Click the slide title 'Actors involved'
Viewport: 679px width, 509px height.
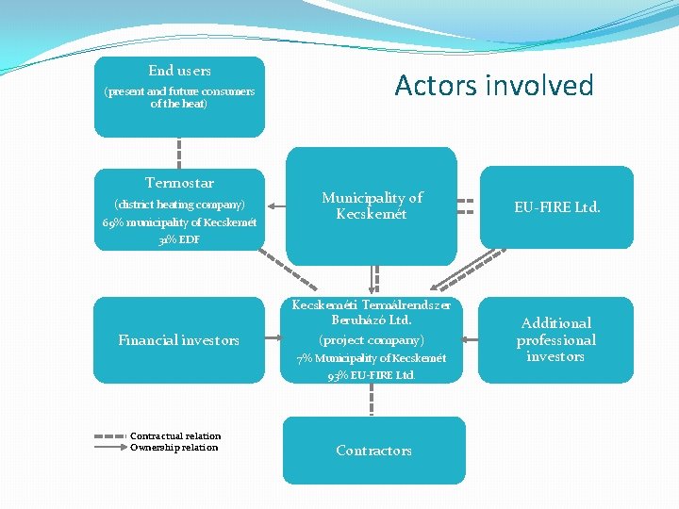[494, 86]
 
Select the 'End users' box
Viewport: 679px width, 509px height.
[179, 96]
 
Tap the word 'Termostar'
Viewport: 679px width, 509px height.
[179, 183]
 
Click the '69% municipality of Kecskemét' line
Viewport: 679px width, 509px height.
[179, 222]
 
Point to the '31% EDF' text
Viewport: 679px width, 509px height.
[179, 239]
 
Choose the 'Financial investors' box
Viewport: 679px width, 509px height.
[179, 340]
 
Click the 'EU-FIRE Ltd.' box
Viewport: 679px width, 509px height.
[556, 207]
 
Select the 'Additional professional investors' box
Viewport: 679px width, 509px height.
[556, 339]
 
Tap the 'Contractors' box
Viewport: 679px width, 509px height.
[373, 451]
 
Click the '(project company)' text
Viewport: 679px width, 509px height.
[372, 339]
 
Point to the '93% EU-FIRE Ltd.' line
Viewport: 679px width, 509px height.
[372, 375]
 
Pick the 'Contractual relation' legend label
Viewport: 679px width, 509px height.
[175, 435]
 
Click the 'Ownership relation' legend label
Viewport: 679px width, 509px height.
[174, 447]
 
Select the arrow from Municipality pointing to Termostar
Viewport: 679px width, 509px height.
[276, 205]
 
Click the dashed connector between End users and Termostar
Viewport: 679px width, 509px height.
[179, 152]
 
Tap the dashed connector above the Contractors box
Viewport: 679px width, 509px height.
[372, 400]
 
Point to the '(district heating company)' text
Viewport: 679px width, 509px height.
[179, 205]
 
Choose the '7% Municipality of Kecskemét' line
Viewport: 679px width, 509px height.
[372, 358]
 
